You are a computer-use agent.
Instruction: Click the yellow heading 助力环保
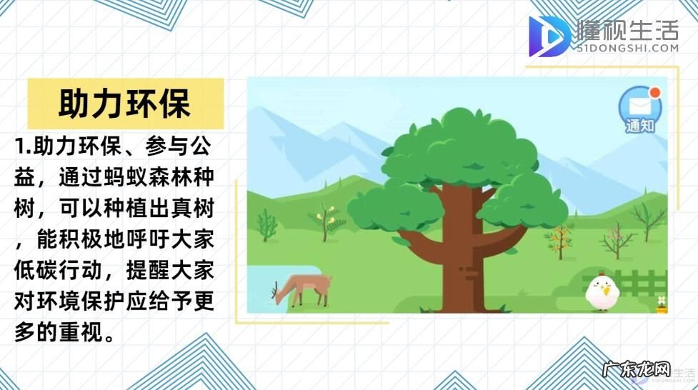pyautogui.click(x=124, y=104)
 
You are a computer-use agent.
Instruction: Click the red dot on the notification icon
pyautogui.click(x=652, y=92)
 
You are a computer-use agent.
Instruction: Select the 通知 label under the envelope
pyautogui.click(x=639, y=126)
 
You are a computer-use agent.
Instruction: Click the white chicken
pyautogui.click(x=602, y=291)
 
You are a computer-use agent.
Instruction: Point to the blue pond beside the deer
pyautogui.click(x=266, y=289)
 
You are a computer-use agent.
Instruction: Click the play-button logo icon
pyautogui.click(x=549, y=36)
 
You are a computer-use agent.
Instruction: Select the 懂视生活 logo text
pyautogui.click(x=627, y=30)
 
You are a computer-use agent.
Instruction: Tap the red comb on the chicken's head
pyautogui.click(x=601, y=274)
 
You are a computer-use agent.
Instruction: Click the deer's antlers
pyautogui.click(x=274, y=289)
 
